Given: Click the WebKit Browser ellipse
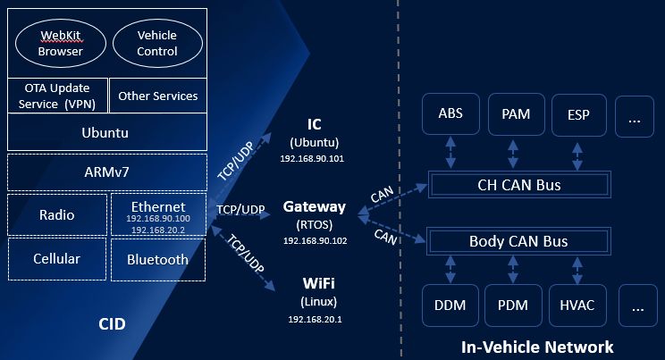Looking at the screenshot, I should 60,43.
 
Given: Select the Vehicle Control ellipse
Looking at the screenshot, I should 156,43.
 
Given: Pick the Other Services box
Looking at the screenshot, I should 158,96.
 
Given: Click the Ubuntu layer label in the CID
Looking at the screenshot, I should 107,133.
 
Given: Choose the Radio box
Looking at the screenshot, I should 57,214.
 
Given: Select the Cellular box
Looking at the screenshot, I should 57,259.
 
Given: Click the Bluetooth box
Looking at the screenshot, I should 157,259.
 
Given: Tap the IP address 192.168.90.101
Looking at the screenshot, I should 313,158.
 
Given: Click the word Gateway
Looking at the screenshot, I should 314,206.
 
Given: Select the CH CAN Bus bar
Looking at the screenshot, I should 518,186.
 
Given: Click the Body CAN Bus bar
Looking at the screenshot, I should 518,241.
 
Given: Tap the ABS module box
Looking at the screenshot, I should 450,115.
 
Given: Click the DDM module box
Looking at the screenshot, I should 450,306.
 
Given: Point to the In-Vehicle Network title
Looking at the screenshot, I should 536,347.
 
